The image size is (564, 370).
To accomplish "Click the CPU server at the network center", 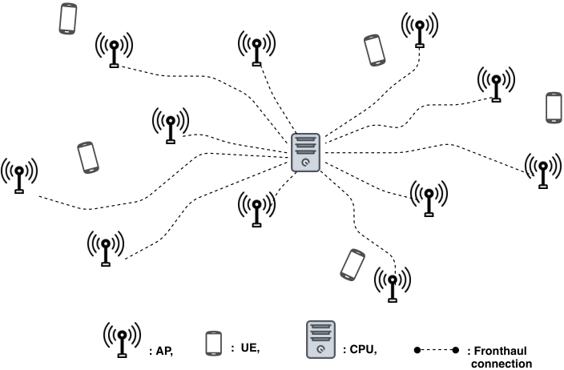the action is coord(305,152).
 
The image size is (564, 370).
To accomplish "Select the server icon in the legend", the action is coord(320,340).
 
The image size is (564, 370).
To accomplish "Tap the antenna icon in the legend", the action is coord(123,340).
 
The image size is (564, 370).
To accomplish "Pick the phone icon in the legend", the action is coord(214,344).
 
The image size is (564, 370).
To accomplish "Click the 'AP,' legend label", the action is coord(161,351).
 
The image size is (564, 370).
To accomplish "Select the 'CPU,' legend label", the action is coord(360,349).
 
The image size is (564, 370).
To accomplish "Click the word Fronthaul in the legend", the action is coord(497,351).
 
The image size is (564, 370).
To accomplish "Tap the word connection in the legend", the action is coord(502,364).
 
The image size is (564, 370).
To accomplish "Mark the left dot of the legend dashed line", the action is coord(417,350).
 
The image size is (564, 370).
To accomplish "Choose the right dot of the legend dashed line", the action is coord(455,350).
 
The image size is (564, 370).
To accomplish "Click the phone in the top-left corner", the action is coord(68,18).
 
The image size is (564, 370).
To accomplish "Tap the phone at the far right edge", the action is coord(554,108).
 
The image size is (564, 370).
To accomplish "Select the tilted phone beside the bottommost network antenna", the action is coord(352,265).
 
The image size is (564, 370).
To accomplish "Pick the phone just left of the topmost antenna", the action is coord(374,50).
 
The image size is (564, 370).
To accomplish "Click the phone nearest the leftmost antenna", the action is coord(88,158).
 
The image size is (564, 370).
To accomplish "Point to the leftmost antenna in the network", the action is coord(19,175).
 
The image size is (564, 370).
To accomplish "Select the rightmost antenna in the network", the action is coord(543,171).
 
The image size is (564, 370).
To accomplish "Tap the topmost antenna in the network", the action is coord(420,30).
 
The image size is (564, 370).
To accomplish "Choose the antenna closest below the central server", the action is coord(256,209).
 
